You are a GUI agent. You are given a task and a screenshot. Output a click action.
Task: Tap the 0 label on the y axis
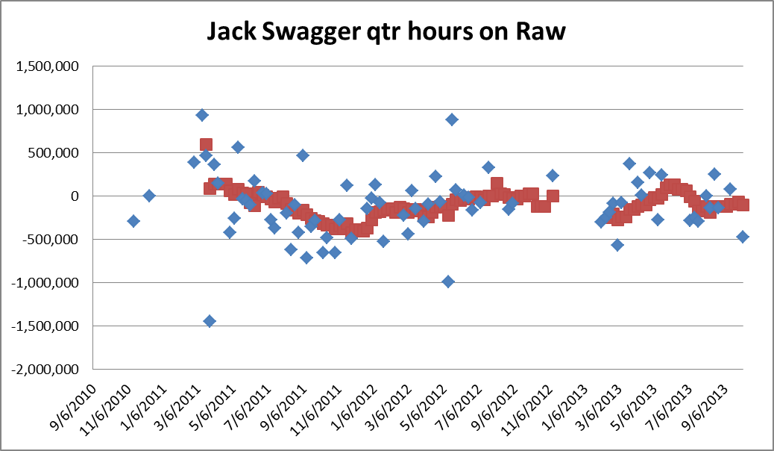pyautogui.click(x=81, y=196)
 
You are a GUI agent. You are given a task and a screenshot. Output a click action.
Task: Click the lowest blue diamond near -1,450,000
pyautogui.click(x=210, y=321)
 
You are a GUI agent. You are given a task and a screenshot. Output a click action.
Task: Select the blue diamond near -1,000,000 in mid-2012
pyautogui.click(x=448, y=282)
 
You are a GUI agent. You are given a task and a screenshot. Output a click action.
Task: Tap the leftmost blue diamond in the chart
pyautogui.click(x=133, y=221)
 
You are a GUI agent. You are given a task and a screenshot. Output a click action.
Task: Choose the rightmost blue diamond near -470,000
pyautogui.click(x=743, y=237)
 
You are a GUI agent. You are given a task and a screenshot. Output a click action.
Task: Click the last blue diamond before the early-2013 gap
pyautogui.click(x=553, y=175)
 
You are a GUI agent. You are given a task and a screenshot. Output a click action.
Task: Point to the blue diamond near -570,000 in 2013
pyautogui.click(x=617, y=245)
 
